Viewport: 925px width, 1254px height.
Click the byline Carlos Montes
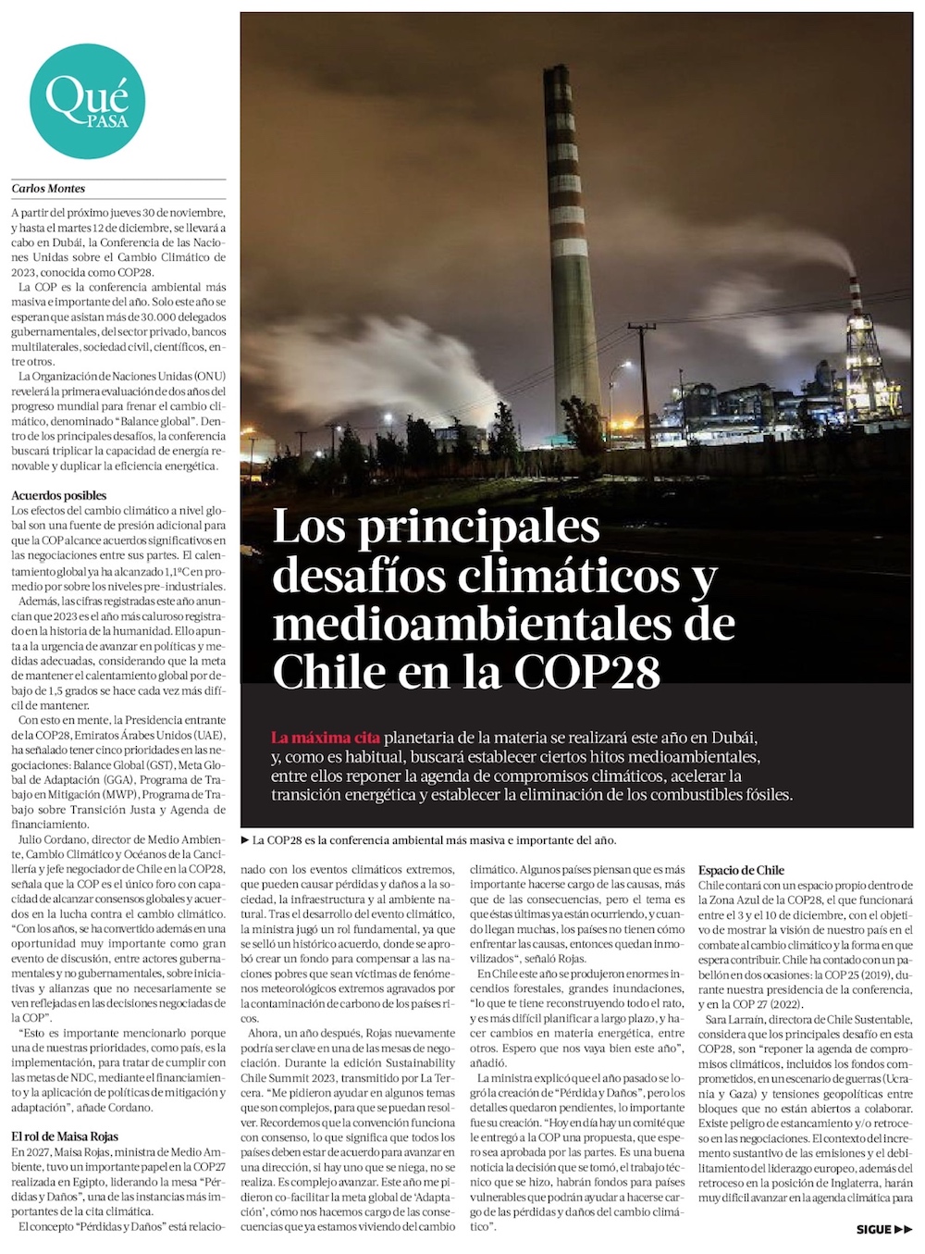click(48, 189)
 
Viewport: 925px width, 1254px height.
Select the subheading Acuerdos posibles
click(58, 495)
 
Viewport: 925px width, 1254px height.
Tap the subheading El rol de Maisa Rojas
click(65, 1136)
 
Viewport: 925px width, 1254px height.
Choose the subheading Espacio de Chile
click(741, 870)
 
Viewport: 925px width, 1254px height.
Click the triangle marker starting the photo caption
click(245, 840)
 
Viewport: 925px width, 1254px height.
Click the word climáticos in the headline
click(572, 577)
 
